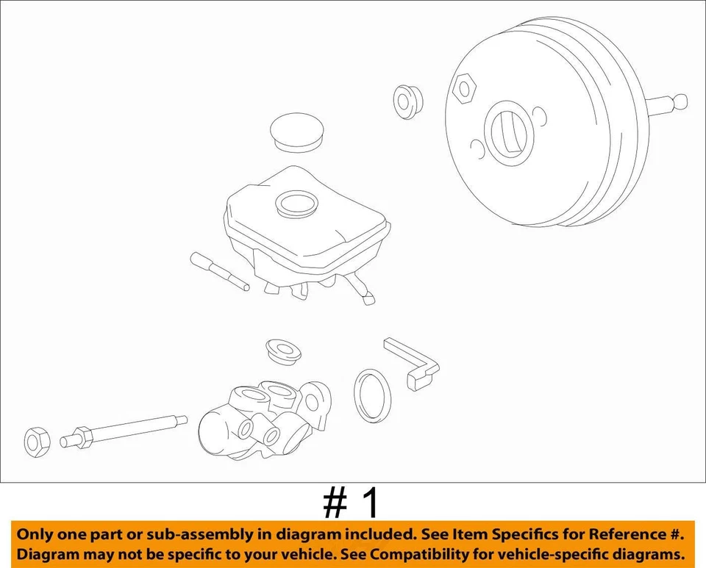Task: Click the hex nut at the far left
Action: point(36,440)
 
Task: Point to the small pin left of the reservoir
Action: point(220,271)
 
